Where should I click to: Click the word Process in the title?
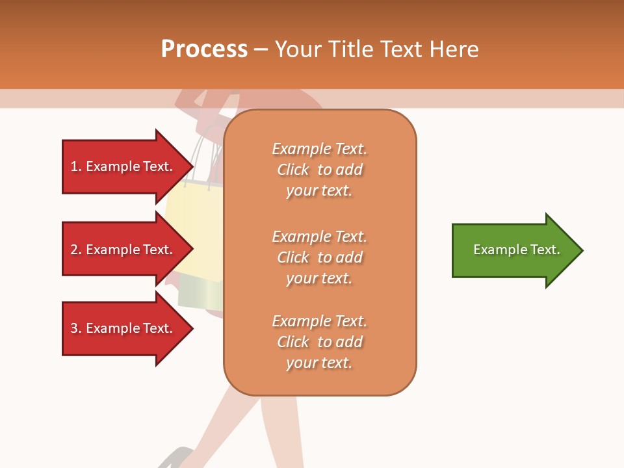[x=204, y=49]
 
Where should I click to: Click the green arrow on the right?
[x=513, y=250]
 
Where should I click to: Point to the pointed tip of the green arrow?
[x=581, y=250]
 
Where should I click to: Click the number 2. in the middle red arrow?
[x=76, y=250]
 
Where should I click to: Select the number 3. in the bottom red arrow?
[x=76, y=328]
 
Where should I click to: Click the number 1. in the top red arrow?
[x=76, y=166]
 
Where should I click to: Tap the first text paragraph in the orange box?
[x=319, y=170]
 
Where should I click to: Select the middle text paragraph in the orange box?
[x=319, y=257]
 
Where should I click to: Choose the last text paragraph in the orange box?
[x=319, y=342]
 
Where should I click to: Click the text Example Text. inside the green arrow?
[x=516, y=250]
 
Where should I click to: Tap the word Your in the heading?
[x=297, y=49]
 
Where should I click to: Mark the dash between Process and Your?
[x=261, y=49]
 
